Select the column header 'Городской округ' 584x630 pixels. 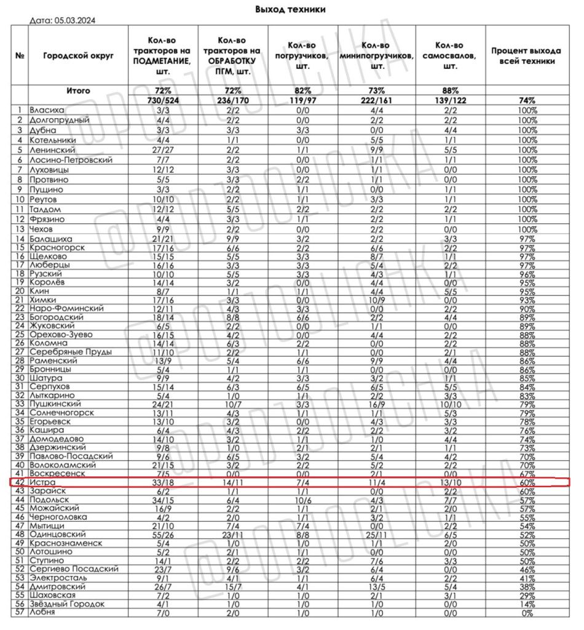pos(79,56)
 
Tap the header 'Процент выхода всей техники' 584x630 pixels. pos(527,56)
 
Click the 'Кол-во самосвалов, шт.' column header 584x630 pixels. pos(450,56)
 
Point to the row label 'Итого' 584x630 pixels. pos(79,90)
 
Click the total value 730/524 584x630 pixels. pos(162,100)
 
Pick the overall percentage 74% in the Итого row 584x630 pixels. pos(527,100)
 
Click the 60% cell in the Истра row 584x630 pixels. pos(527,484)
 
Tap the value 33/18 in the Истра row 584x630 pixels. pos(162,484)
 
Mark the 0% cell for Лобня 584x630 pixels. pos(527,613)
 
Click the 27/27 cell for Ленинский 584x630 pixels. pos(162,150)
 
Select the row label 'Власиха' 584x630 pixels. pos(46,110)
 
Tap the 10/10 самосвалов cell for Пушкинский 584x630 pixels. pos(450,404)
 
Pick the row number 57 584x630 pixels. pos(20,613)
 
